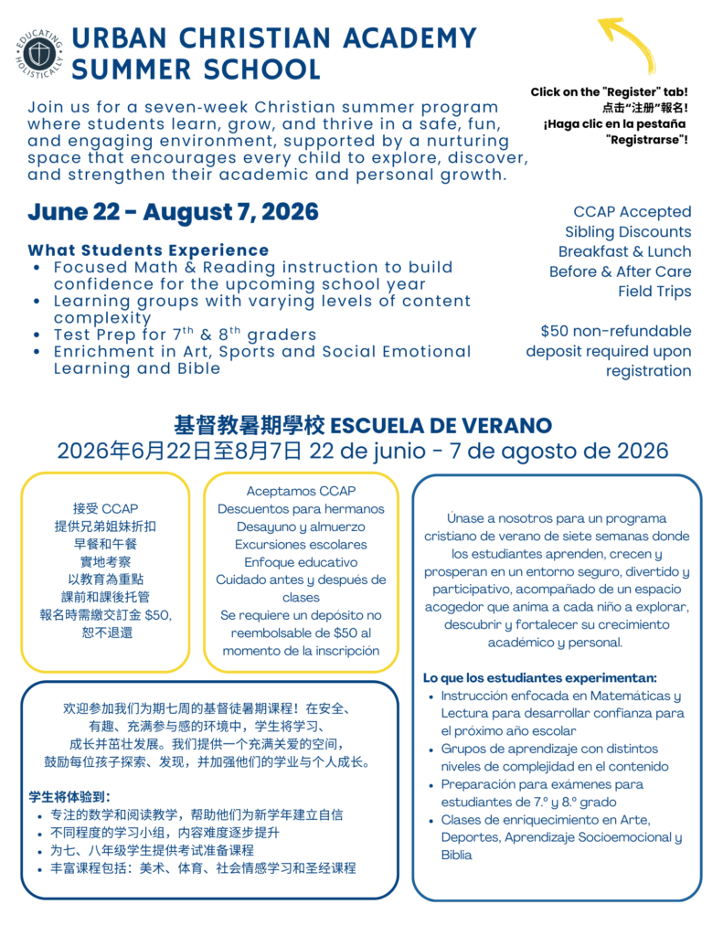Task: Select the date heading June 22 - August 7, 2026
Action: click(173, 212)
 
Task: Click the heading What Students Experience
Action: click(148, 250)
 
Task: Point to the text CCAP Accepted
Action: click(632, 211)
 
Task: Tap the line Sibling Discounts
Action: click(627, 231)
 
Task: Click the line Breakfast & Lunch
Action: click(624, 251)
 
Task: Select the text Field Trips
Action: click(654, 292)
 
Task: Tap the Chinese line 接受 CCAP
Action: click(105, 508)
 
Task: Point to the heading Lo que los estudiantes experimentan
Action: click(539, 677)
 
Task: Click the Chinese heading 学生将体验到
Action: click(70, 797)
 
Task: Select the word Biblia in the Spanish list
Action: click(457, 855)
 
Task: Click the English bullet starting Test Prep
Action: click(185, 335)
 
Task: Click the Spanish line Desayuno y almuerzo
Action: click(300, 526)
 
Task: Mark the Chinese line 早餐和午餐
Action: click(104, 543)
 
